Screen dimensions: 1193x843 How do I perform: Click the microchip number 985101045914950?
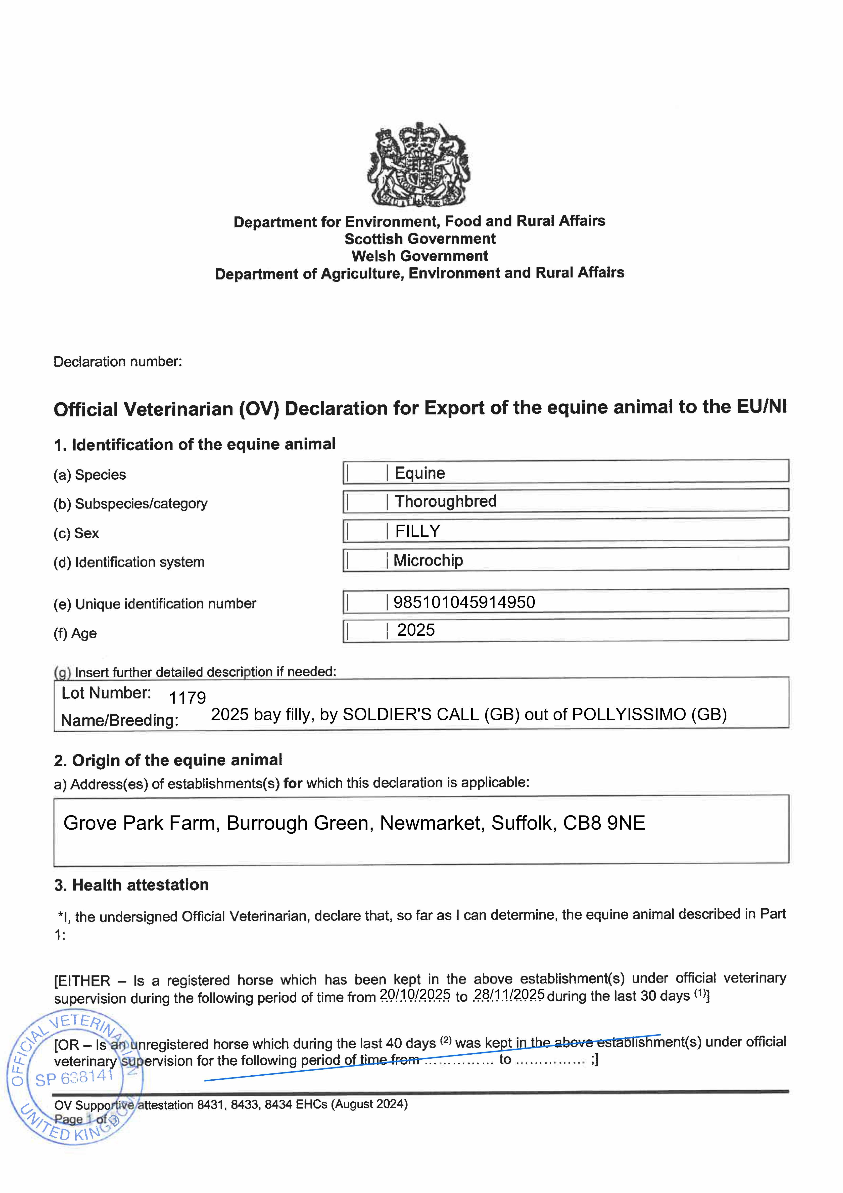(x=464, y=602)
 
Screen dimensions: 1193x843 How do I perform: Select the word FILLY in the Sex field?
(x=418, y=531)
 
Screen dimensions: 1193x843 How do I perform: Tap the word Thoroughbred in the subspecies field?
(x=445, y=501)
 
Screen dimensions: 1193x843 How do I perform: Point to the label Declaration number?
(x=118, y=362)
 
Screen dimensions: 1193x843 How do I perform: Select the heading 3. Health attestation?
(x=131, y=885)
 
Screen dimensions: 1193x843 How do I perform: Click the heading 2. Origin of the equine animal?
(x=168, y=760)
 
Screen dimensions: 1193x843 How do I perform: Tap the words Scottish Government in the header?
(x=420, y=239)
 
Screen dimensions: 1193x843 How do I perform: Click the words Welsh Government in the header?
(x=420, y=256)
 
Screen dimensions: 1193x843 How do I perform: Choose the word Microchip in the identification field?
(x=428, y=560)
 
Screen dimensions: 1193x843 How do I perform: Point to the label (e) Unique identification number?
(x=155, y=604)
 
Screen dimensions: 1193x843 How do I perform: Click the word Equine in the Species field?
(x=420, y=473)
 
